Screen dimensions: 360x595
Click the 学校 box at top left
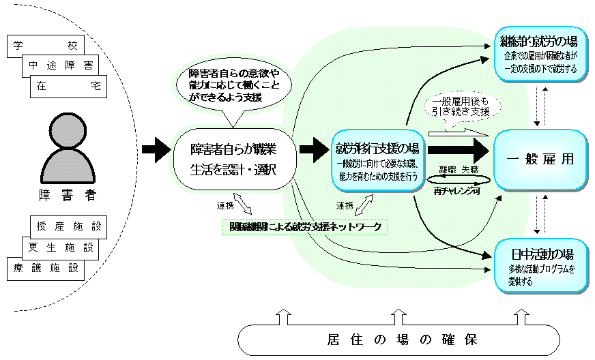tap(45, 46)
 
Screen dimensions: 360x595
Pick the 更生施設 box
tap(59, 247)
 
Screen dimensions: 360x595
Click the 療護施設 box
tap(45, 267)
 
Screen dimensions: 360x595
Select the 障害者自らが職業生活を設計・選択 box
tap(233, 158)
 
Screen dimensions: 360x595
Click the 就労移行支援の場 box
tap(376, 160)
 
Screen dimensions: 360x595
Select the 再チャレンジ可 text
tap(458, 192)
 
